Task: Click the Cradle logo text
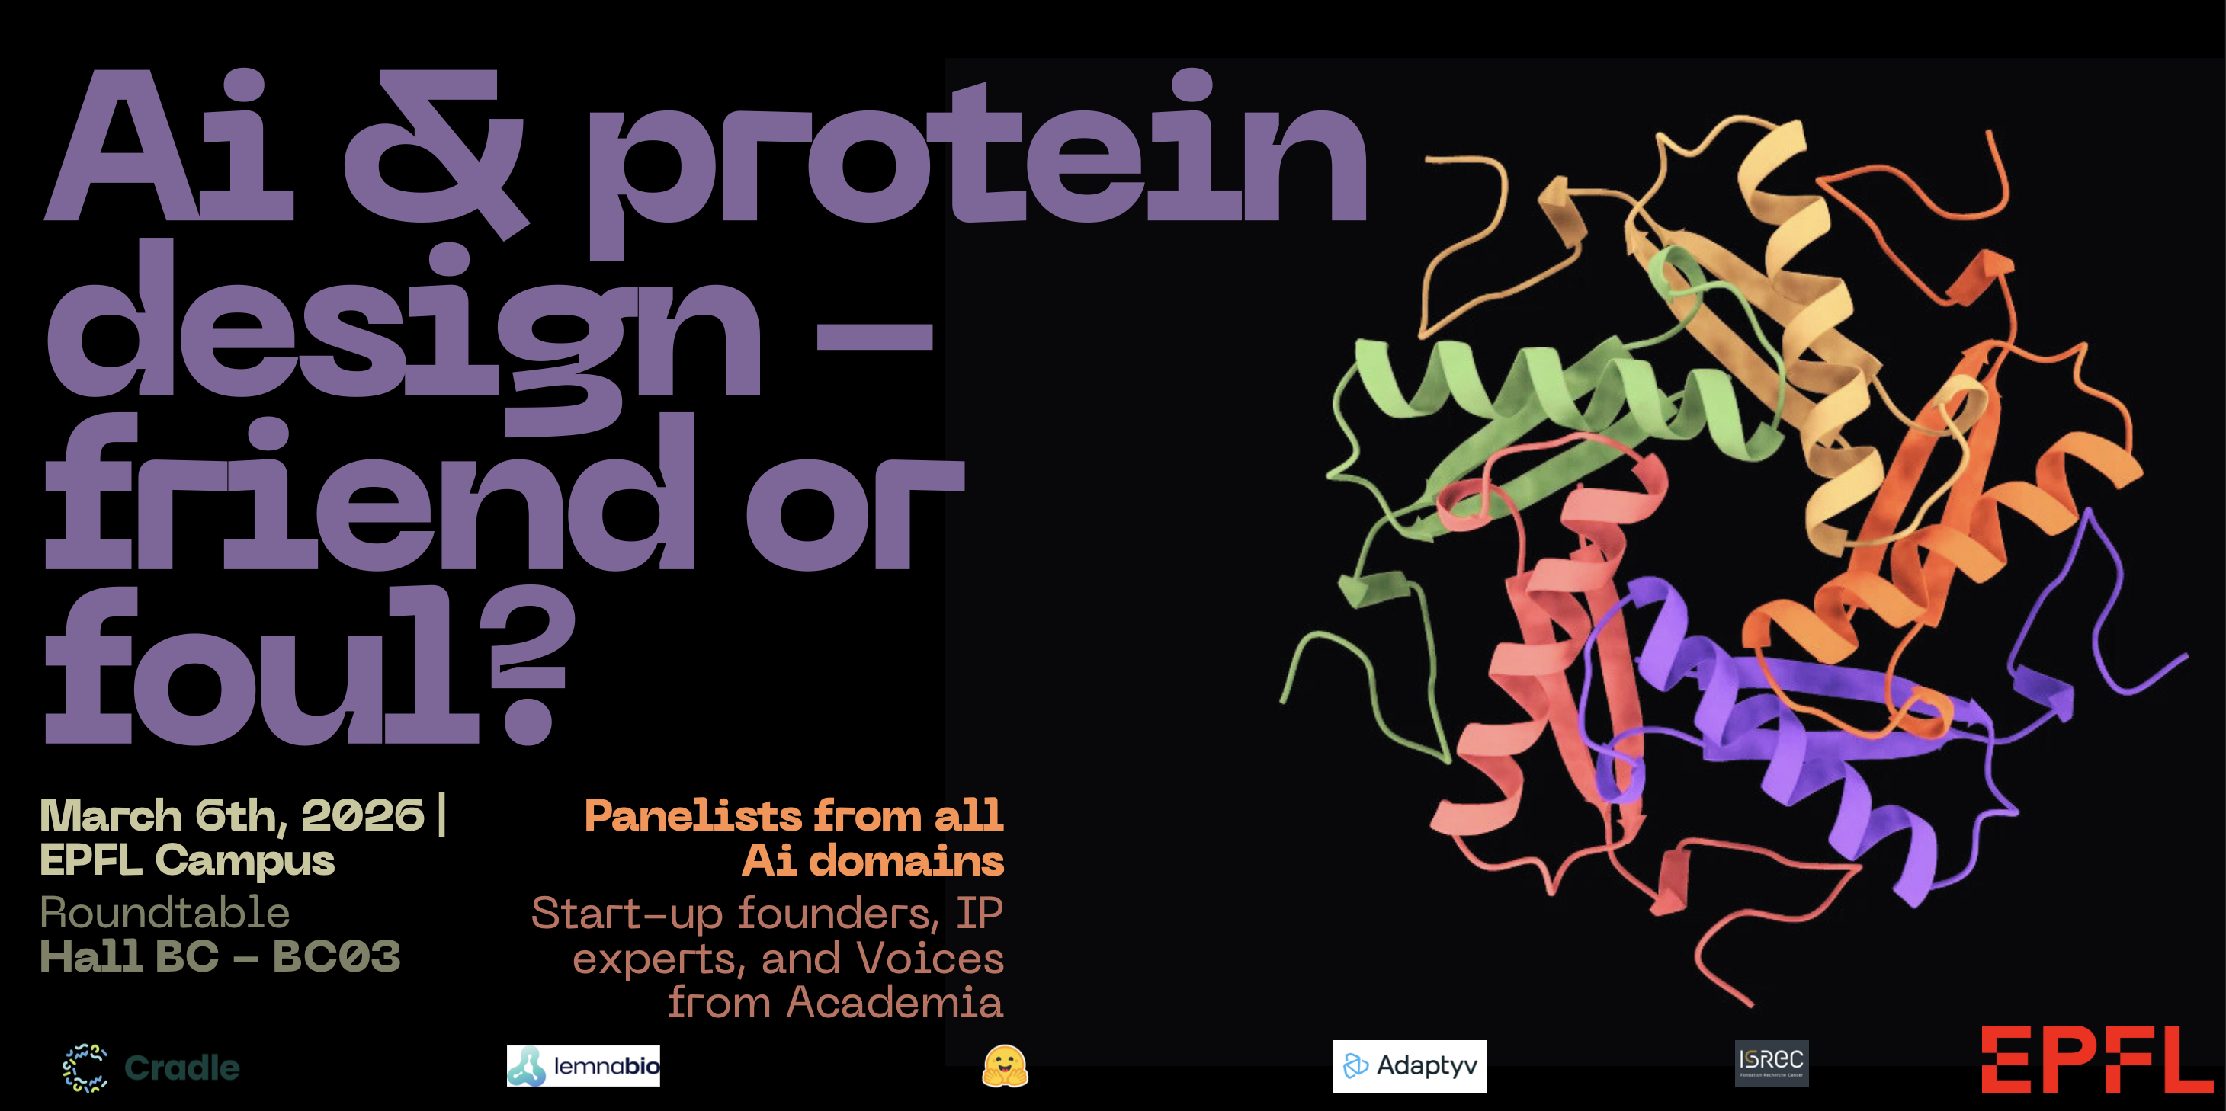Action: [x=181, y=1068]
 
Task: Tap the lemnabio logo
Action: [x=583, y=1066]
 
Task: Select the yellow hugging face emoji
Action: [x=1005, y=1066]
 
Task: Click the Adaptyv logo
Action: [x=1410, y=1066]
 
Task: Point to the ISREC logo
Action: [x=1772, y=1064]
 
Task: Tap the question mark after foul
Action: [x=530, y=665]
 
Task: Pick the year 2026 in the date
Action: [x=363, y=815]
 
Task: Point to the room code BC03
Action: [x=337, y=956]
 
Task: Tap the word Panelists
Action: [x=693, y=815]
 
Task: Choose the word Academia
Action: [x=894, y=1003]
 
